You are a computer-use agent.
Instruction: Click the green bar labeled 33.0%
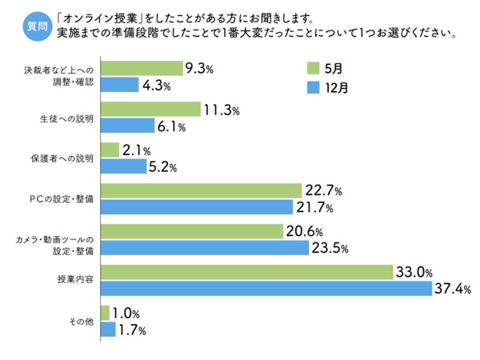click(x=246, y=272)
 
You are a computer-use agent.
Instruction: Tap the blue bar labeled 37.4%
click(x=266, y=288)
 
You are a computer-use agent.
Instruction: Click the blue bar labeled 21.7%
click(x=196, y=207)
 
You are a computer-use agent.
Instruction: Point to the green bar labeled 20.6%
click(x=191, y=232)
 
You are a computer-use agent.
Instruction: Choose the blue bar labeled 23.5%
click(x=204, y=248)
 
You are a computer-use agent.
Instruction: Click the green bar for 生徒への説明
click(x=150, y=110)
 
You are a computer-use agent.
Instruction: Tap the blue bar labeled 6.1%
click(x=127, y=126)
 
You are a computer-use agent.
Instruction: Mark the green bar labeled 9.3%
click(x=141, y=69)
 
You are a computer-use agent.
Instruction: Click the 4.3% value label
click(x=156, y=86)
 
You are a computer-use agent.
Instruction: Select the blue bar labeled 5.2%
click(x=122, y=166)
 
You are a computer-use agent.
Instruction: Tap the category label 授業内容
click(x=75, y=280)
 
